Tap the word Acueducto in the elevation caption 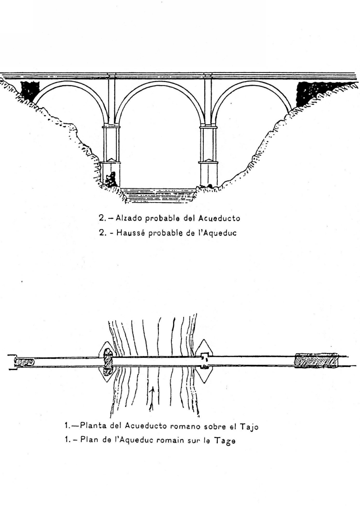pyautogui.click(x=219, y=218)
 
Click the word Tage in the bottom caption pyautogui.click(x=225, y=441)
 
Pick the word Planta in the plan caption pyautogui.click(x=94, y=425)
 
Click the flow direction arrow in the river pyautogui.click(x=152, y=399)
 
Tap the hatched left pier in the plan pyautogui.click(x=108, y=362)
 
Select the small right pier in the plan pyautogui.click(x=204, y=361)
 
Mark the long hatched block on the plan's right pyautogui.click(x=316, y=361)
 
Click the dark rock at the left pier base pyautogui.click(x=111, y=180)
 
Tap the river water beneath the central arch pyautogui.click(x=159, y=194)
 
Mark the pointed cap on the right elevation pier pyautogui.click(x=208, y=160)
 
